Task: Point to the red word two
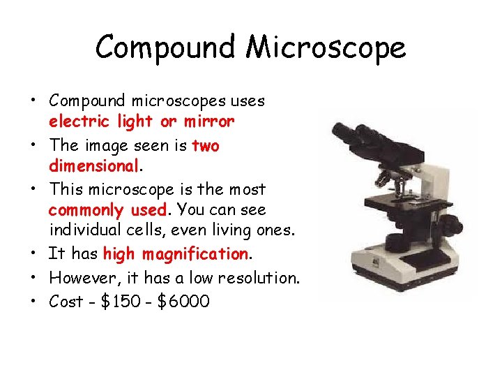(x=205, y=145)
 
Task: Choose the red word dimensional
(x=93, y=166)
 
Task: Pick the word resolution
(x=257, y=277)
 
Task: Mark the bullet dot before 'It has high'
(x=34, y=253)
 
